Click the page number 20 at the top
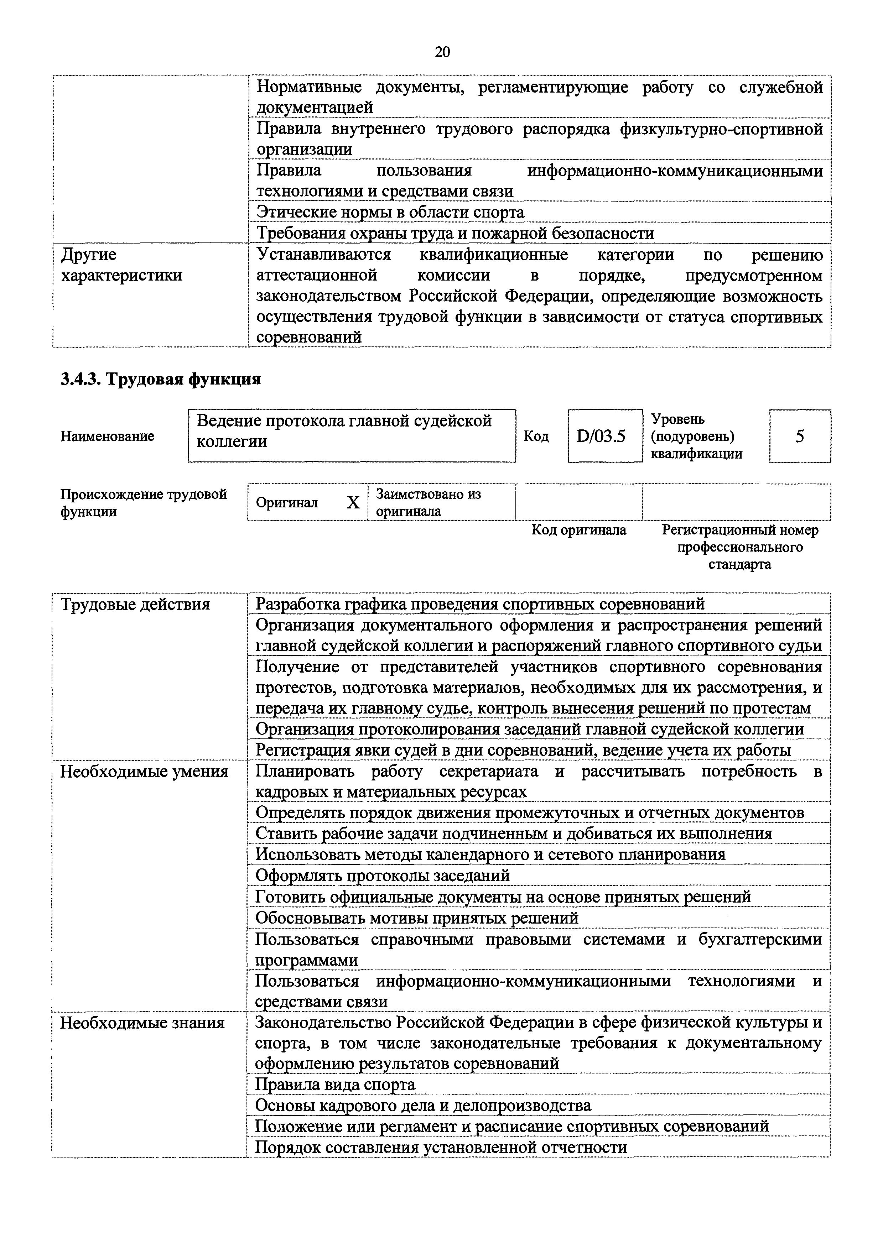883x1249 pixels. (442, 52)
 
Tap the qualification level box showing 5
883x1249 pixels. (799, 436)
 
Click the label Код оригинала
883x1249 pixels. (578, 530)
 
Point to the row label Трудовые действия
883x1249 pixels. (135, 604)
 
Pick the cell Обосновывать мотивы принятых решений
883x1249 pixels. (417, 918)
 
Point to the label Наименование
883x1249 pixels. (107, 436)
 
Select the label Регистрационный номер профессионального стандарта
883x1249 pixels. (739, 547)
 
